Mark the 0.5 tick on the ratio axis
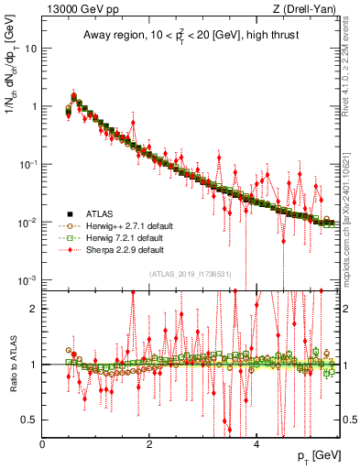(x=30, y=420)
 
